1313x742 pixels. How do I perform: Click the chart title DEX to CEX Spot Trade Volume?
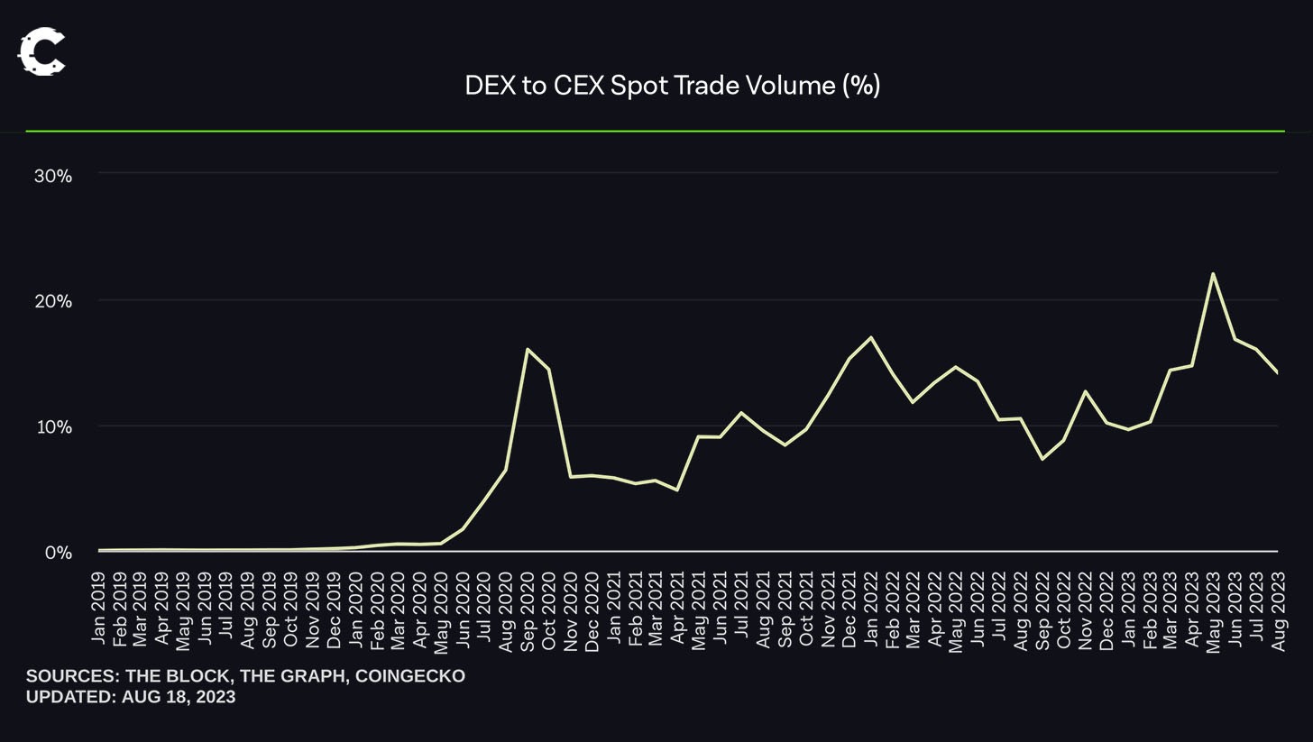tap(672, 86)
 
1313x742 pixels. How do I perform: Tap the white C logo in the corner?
tap(41, 51)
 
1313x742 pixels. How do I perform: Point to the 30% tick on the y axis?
tap(52, 176)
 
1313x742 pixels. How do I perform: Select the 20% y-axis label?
tap(52, 301)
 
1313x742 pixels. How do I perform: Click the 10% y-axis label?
tap(52, 426)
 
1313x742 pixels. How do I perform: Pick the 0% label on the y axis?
tap(58, 553)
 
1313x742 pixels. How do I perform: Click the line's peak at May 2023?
tap(1213, 273)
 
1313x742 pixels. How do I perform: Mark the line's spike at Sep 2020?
tap(527, 349)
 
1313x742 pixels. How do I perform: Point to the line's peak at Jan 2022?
tap(870, 337)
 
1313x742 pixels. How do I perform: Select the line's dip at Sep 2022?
tap(1042, 459)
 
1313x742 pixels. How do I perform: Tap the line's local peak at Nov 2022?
tap(1085, 391)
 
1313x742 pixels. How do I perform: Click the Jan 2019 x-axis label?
tap(98, 607)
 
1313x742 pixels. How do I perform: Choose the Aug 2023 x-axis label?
tap(1278, 607)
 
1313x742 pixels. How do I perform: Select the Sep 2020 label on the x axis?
tap(528, 607)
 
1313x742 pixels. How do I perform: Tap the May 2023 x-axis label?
tap(1214, 607)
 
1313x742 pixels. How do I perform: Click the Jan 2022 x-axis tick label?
tap(870, 607)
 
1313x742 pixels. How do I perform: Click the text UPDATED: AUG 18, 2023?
tap(131, 697)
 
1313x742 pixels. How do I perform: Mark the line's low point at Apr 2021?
tap(676, 490)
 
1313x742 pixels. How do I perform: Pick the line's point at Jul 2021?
tap(741, 413)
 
